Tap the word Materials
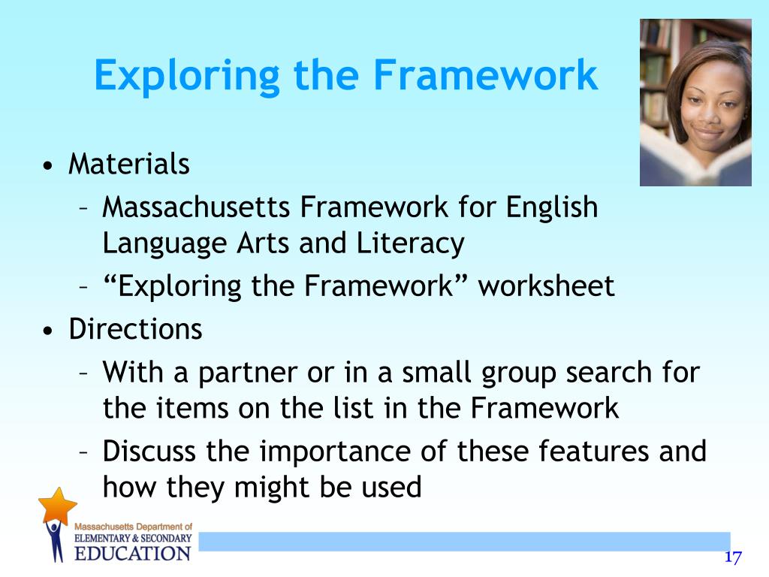pyautogui.click(x=128, y=164)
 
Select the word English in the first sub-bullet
pyautogui.click(x=552, y=207)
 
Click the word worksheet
pyautogui.click(x=547, y=286)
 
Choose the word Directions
pyautogui.click(x=135, y=329)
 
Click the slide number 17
pyautogui.click(x=733, y=557)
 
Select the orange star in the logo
pyautogui.click(x=58, y=506)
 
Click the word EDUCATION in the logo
pyautogui.click(x=132, y=554)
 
